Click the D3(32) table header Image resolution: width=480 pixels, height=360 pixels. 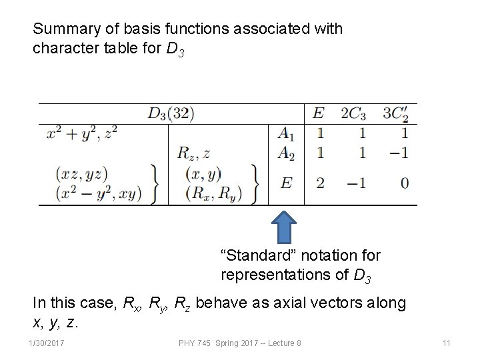point(171,113)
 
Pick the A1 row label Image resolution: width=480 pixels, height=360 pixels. point(287,133)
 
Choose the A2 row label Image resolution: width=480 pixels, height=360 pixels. point(287,153)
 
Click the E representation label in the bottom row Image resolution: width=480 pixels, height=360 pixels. point(286,182)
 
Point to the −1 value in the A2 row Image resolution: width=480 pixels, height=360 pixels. point(398,153)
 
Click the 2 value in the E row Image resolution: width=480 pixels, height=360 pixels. point(320,182)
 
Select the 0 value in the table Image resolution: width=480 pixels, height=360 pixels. point(404,182)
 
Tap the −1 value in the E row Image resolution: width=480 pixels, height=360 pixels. point(355,182)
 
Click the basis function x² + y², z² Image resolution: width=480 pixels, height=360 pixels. point(82,133)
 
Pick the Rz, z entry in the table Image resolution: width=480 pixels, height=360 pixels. point(193,153)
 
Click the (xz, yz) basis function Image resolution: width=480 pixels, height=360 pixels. point(81,174)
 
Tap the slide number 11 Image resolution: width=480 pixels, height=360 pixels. point(447,343)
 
